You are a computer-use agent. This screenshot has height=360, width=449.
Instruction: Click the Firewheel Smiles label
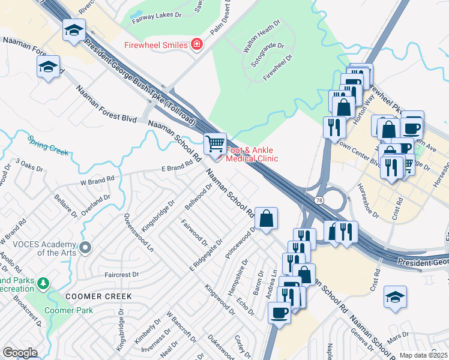pyautogui.click(x=155, y=45)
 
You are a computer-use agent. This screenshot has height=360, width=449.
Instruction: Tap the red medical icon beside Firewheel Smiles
pyautogui.click(x=196, y=44)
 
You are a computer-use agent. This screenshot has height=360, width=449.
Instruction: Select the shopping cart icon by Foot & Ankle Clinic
pyautogui.click(x=215, y=144)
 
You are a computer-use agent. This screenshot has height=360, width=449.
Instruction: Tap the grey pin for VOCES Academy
pyautogui.click(x=86, y=247)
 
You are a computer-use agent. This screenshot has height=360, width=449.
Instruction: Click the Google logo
pyautogui.click(x=20, y=353)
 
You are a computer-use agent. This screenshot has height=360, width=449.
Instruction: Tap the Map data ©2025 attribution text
pyautogui.click(x=423, y=355)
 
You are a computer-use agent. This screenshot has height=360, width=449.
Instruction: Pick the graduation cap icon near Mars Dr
pyautogui.click(x=395, y=296)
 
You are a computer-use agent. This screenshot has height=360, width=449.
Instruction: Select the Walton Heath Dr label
pyautogui.click(x=261, y=37)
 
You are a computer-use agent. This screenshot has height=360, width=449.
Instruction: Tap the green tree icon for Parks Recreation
pyautogui.click(x=43, y=283)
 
